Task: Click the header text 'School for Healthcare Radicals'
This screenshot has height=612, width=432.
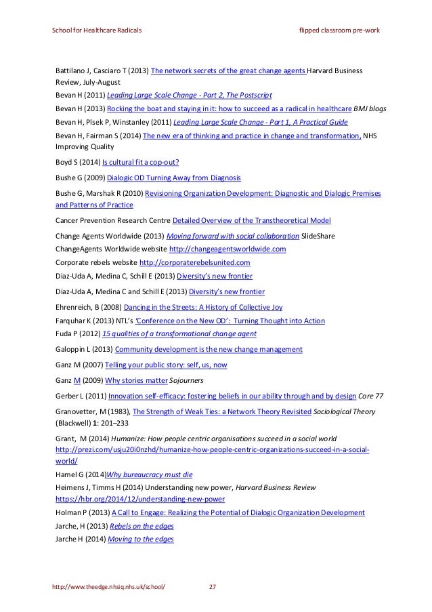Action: coord(97,31)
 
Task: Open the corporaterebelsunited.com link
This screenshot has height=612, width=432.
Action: coord(194,262)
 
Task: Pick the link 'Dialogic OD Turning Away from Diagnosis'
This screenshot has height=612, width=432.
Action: coord(176,178)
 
